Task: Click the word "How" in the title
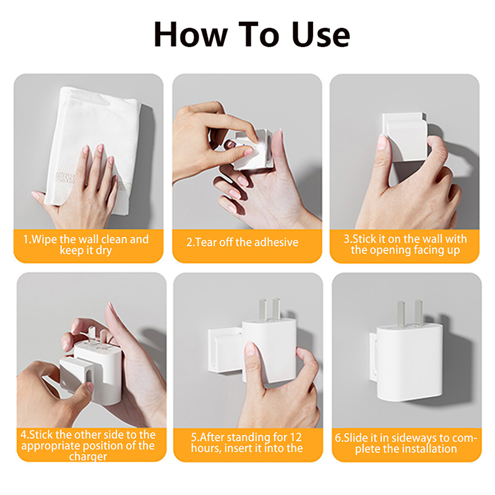tap(191, 34)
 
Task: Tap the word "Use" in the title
tap(321, 34)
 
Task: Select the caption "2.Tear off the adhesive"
tap(242, 242)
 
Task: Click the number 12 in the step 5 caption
tap(296, 437)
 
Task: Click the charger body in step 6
tap(410, 363)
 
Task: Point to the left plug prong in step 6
tap(401, 313)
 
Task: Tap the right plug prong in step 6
tap(419, 312)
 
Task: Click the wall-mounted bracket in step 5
tap(225, 350)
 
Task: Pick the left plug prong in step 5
tap(262, 309)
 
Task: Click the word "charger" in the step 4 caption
tap(88, 457)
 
